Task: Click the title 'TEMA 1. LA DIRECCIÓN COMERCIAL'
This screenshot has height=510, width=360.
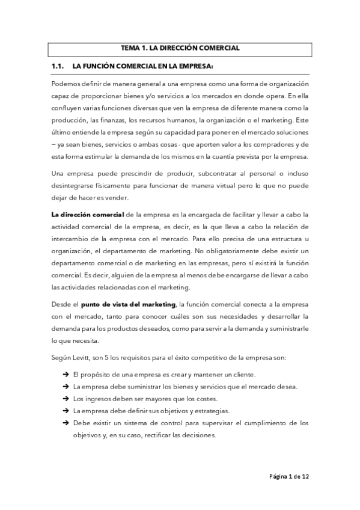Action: [180, 48]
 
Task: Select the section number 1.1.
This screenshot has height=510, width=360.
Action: [58, 65]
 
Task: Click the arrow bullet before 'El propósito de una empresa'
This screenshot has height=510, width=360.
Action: [64, 374]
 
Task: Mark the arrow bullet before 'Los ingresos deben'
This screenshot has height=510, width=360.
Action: [64, 398]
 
